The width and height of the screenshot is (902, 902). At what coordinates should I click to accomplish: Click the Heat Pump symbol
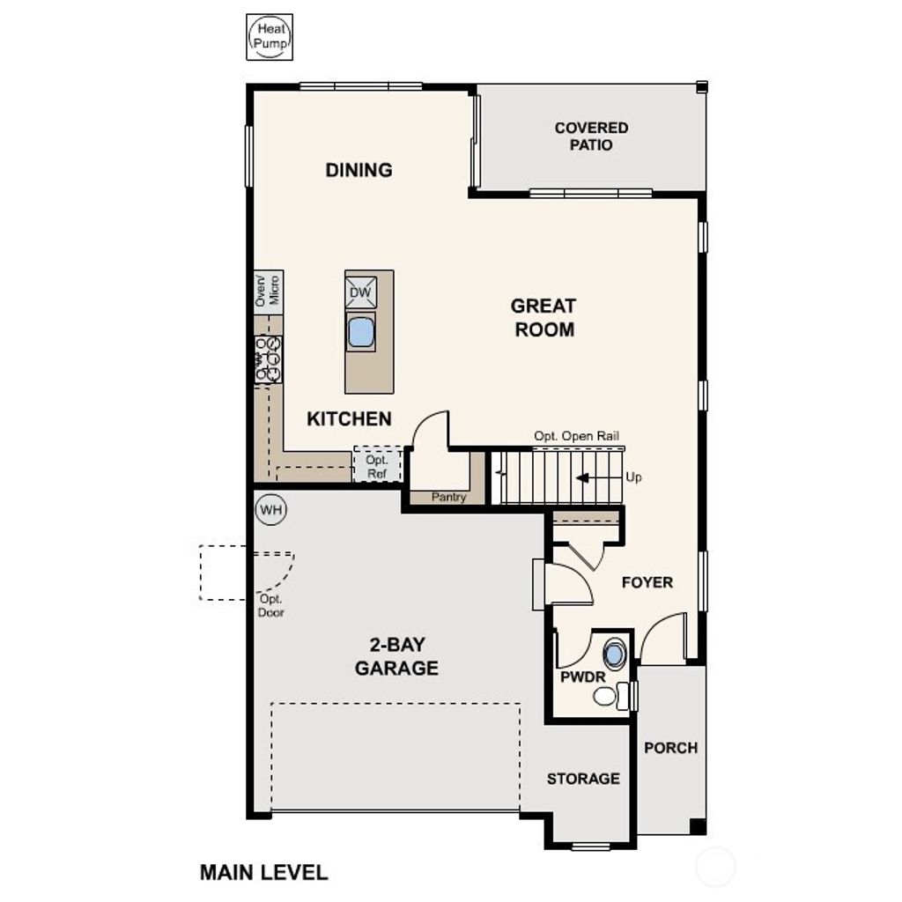coord(270,38)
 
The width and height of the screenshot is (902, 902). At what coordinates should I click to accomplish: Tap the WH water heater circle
coord(270,509)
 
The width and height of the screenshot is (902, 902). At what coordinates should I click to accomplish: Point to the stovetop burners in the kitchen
coord(269,359)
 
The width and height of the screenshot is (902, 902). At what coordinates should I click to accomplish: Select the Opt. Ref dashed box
coord(377,467)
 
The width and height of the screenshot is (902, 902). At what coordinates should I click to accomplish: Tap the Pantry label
coord(448,498)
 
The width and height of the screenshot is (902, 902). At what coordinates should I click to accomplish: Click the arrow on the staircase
coord(583,477)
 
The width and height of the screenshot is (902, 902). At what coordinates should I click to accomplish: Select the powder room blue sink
coord(614,654)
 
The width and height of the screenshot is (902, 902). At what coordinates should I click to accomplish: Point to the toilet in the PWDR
coord(609,696)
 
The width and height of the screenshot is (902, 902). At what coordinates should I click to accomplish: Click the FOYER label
coord(647,582)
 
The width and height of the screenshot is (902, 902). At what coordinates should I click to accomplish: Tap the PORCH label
coord(670,748)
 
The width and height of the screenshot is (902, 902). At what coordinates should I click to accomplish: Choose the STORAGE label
coord(583,779)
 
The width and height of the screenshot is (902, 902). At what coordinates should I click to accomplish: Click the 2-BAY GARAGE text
coord(396,656)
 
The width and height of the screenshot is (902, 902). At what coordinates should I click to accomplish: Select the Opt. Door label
coord(270,606)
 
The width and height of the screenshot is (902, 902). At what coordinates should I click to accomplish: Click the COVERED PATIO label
coord(591,137)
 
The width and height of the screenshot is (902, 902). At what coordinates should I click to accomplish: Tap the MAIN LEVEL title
coord(263,873)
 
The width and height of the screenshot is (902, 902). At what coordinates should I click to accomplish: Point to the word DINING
coord(359,170)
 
